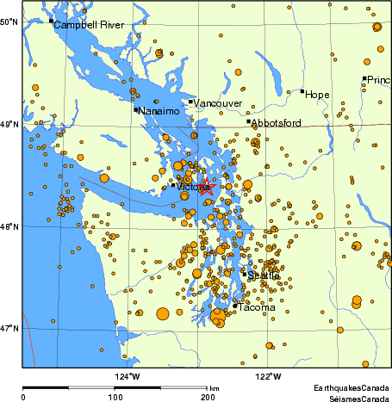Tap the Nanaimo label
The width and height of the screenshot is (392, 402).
pos(159,112)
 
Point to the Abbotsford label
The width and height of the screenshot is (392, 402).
pos(276,123)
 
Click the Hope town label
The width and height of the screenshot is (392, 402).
pos(318,94)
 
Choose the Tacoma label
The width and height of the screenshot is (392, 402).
pos(257,307)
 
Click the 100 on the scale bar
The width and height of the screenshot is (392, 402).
pos(115,397)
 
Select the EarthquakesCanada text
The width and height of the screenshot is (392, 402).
pos(352,387)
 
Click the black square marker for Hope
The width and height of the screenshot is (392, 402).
pos(302,90)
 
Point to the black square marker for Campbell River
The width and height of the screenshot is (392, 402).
pos(51,21)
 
